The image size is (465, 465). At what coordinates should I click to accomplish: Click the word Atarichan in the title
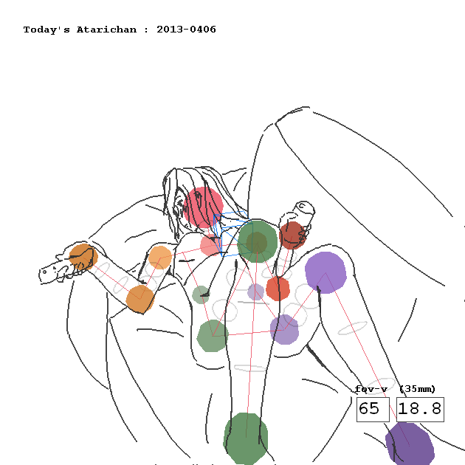(106, 30)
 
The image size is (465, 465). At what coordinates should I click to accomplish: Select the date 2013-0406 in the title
(186, 30)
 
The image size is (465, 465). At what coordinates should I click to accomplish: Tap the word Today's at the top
(46, 30)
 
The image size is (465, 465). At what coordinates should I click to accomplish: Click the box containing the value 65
(373, 409)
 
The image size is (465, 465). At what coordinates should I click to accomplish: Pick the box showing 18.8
(420, 409)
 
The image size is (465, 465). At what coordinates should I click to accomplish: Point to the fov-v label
(371, 389)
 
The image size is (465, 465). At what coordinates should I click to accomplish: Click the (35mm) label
(418, 389)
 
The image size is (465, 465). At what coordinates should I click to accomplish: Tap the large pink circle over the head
(203, 207)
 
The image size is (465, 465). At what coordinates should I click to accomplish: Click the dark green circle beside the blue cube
(257, 241)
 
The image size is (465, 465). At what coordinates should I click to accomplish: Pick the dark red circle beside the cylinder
(292, 235)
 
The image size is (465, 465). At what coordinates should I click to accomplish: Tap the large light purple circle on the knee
(325, 272)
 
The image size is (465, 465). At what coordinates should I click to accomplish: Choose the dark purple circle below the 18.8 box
(410, 444)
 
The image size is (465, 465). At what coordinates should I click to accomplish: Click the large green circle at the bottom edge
(246, 438)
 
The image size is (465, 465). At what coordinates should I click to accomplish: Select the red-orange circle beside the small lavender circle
(278, 289)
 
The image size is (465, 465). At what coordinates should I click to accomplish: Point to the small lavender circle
(255, 292)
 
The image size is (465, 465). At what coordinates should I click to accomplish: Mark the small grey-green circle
(201, 294)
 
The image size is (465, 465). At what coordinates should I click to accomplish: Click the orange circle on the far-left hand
(83, 257)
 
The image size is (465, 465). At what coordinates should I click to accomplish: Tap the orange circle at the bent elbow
(140, 299)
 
